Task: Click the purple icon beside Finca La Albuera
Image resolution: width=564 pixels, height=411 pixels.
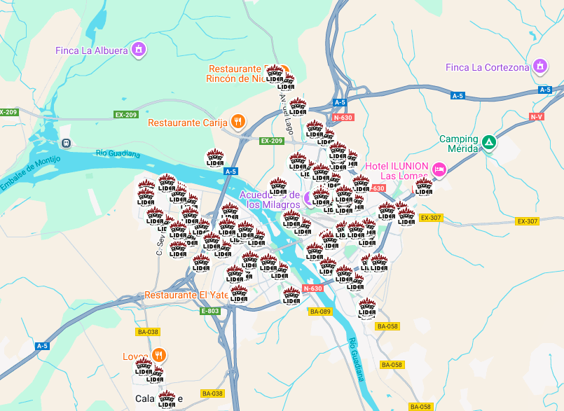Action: (x=139, y=50)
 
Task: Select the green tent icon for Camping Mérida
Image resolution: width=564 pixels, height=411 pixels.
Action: (x=488, y=144)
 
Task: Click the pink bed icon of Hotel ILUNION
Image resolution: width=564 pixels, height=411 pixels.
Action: (x=439, y=169)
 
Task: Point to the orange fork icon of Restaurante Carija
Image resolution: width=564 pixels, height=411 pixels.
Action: (x=238, y=123)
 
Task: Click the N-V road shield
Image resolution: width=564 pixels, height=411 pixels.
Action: (x=537, y=116)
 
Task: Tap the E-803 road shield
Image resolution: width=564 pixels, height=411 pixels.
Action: (x=209, y=311)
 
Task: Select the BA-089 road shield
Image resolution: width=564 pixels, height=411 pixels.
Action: (x=319, y=312)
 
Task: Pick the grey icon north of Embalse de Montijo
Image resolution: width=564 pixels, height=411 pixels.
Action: (x=66, y=144)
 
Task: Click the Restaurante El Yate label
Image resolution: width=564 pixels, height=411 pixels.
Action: (x=186, y=295)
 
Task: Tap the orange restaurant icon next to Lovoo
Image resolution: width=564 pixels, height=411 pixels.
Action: (x=159, y=355)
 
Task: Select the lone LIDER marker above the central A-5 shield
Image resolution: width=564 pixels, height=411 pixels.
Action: (x=214, y=158)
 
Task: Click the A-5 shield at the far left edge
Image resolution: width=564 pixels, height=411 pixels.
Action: (x=42, y=346)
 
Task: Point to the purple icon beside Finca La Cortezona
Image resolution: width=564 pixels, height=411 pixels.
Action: (x=539, y=67)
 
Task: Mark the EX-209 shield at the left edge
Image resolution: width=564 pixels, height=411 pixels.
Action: (x=8, y=112)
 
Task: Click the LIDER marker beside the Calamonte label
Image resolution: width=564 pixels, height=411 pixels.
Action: (x=167, y=400)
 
